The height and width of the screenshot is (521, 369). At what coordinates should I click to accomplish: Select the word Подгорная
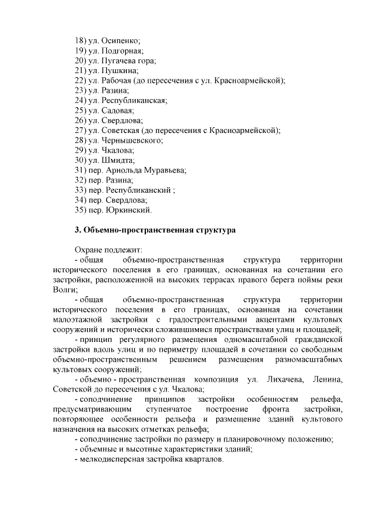[122, 51]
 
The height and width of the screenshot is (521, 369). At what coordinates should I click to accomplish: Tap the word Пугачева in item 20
[119, 60]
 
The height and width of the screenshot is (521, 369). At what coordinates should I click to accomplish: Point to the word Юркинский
[129, 210]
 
